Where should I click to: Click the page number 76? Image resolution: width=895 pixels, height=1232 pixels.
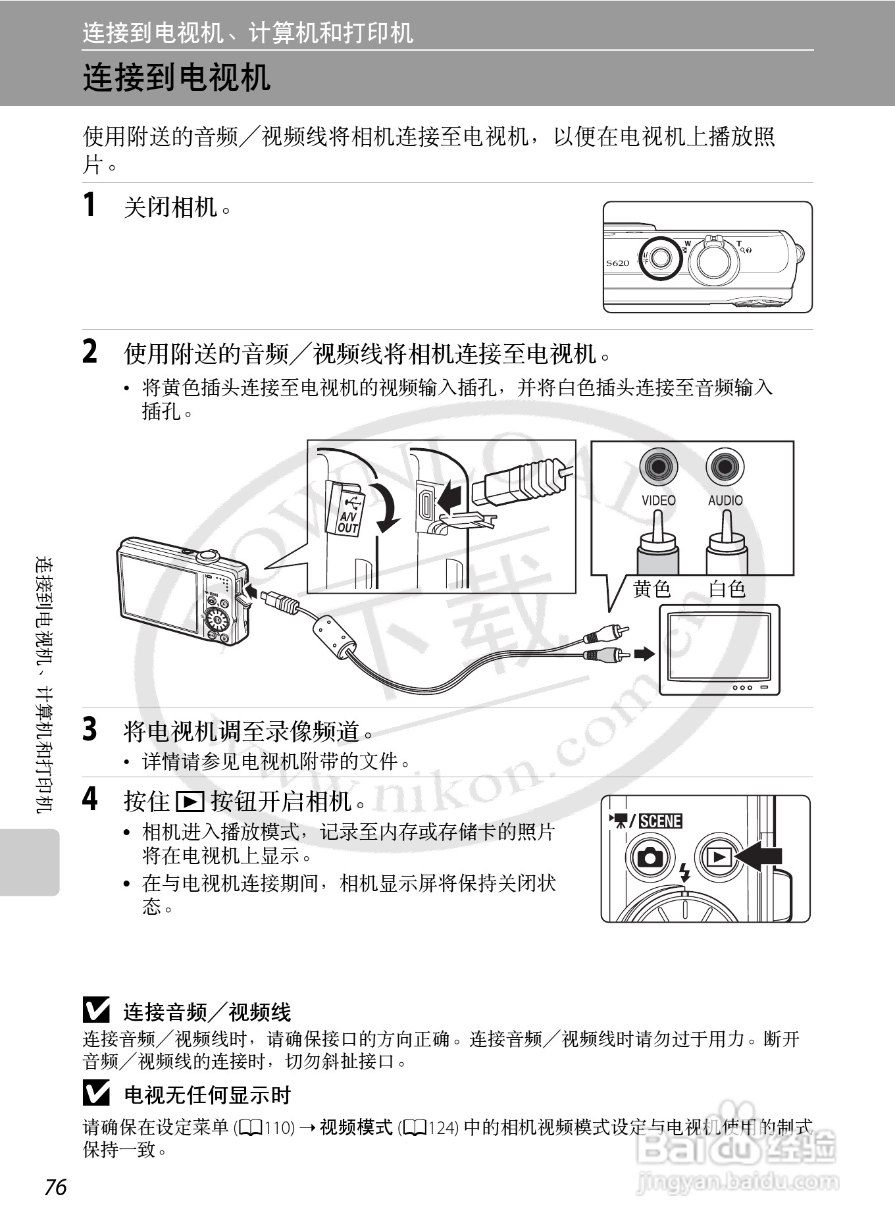(56, 1186)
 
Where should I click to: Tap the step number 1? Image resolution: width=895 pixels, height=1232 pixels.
(89, 205)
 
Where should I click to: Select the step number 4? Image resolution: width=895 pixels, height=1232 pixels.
(89, 800)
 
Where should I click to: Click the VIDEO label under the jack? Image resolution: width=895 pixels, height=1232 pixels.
(658, 500)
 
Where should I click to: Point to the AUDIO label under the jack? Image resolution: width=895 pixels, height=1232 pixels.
(725, 500)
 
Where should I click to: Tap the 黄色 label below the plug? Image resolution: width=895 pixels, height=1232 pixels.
(652, 588)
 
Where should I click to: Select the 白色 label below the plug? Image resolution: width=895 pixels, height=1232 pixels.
(727, 588)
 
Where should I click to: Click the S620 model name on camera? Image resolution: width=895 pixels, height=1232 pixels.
(617, 263)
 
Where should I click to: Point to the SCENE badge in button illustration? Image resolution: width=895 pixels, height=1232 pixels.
(660, 821)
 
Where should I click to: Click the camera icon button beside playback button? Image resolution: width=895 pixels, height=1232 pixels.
(651, 857)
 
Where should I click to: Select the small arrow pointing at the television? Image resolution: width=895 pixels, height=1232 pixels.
(644, 654)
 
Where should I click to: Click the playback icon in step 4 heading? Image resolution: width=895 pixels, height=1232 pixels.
(190, 802)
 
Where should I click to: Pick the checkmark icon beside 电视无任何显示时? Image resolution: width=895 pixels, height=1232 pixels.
(96, 1094)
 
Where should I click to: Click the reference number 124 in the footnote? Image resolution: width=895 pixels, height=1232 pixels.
(444, 1128)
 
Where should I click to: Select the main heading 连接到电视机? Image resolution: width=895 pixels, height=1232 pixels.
(176, 78)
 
